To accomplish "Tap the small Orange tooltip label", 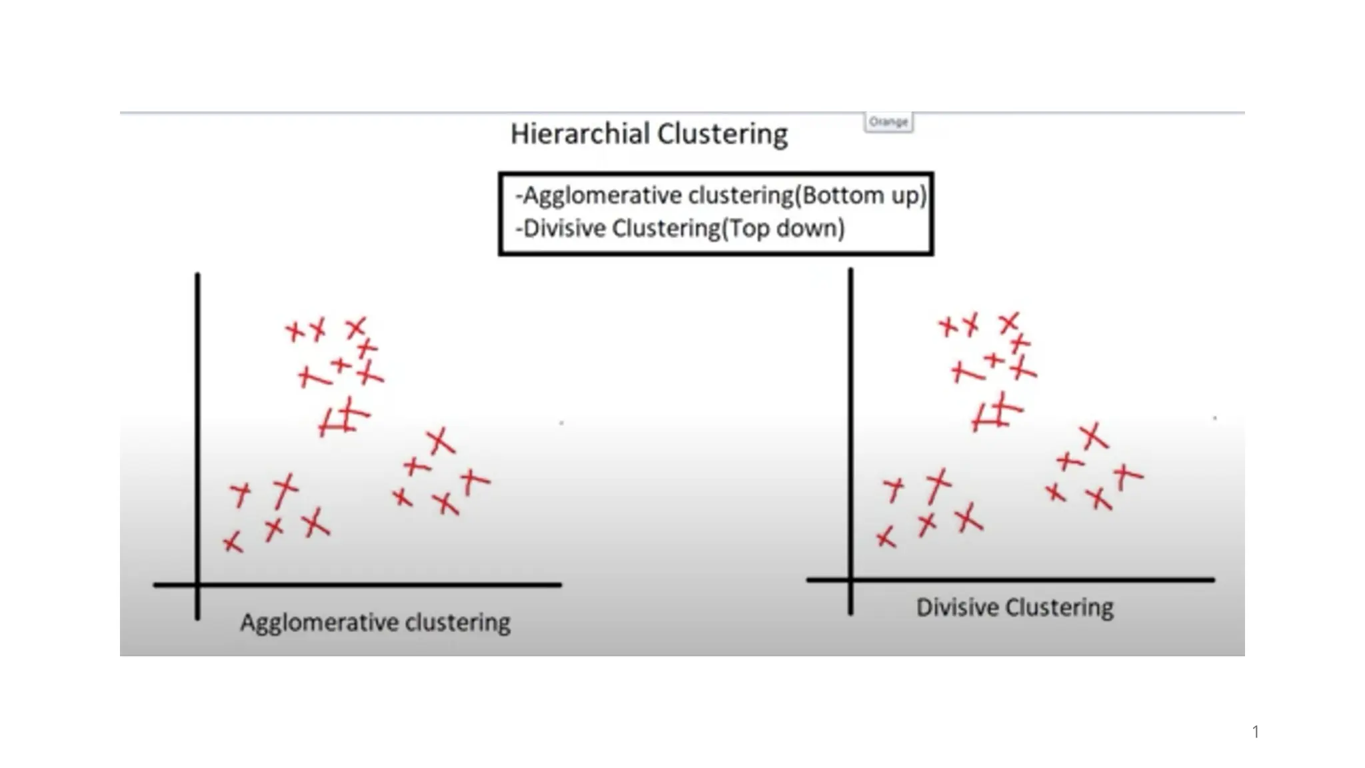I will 888,122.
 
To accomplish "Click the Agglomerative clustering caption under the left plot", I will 375,623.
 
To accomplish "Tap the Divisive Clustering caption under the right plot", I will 1014,607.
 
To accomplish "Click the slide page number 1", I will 1256,732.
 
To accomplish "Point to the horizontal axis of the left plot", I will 373,585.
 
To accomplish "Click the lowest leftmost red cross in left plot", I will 233,543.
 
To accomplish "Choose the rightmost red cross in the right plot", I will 1127,475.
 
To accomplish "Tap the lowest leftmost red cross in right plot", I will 886,537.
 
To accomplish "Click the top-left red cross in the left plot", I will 295,331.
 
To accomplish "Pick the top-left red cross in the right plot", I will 948,326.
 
